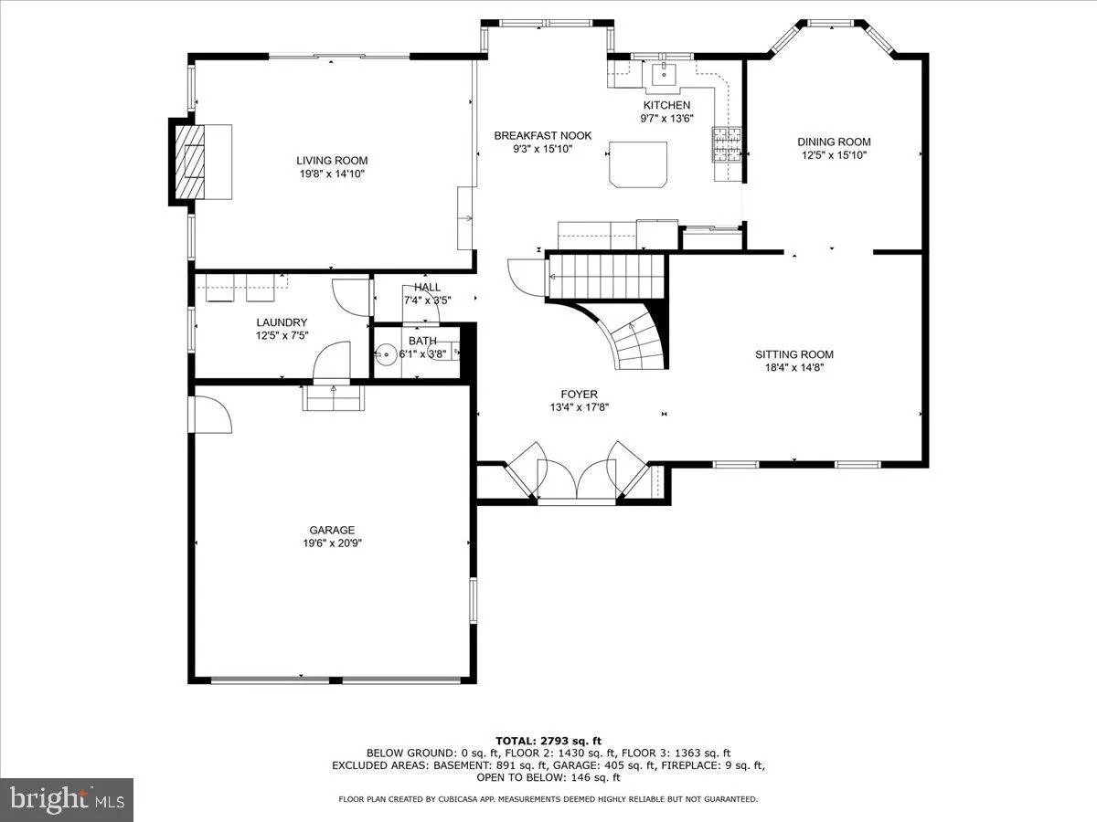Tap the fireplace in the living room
(193, 162)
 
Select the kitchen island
(638, 163)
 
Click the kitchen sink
(660, 73)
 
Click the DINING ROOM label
(834, 142)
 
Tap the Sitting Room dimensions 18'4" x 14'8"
(793, 368)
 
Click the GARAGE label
(331, 530)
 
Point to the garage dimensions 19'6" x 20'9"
(331, 543)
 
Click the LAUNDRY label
(282, 322)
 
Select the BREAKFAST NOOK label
(543, 135)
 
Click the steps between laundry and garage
(334, 398)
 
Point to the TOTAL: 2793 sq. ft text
(548, 741)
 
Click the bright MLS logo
(67, 799)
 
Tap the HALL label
(427, 288)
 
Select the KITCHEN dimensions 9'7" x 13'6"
(666, 118)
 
